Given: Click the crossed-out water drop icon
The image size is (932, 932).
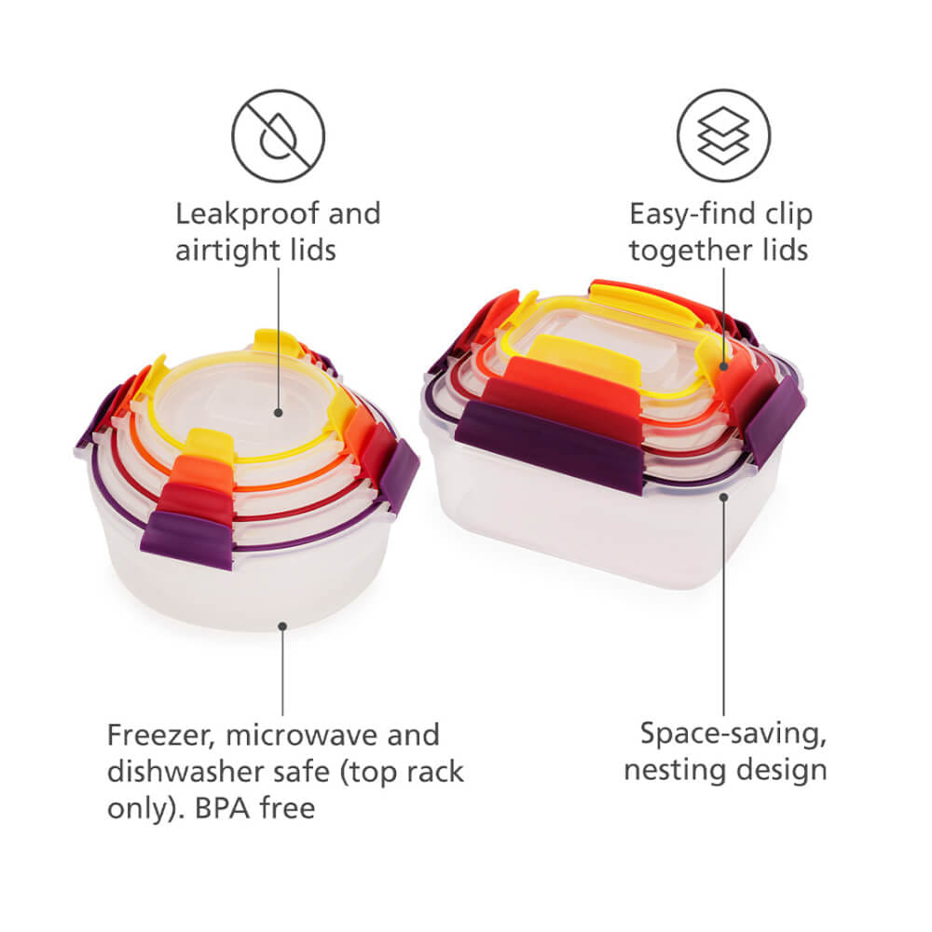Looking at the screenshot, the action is [278, 135].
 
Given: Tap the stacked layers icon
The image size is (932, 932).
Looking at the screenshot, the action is [723, 135].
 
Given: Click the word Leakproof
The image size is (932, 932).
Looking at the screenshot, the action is [248, 215].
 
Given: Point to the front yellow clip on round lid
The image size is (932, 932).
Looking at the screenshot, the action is [211, 445].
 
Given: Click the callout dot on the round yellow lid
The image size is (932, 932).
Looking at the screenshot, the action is [278, 413].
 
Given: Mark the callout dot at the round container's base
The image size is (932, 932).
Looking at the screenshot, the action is [283, 626].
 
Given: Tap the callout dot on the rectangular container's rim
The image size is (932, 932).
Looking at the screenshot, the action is [723, 497].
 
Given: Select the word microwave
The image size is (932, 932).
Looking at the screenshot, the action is [303, 736].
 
